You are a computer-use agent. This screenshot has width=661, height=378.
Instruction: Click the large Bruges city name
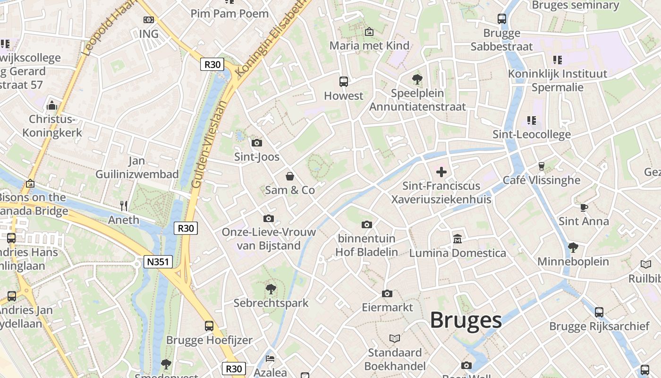[x=466, y=320]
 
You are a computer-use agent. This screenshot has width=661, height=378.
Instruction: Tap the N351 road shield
[x=158, y=262]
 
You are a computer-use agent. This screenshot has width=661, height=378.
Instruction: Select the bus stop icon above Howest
[x=344, y=81]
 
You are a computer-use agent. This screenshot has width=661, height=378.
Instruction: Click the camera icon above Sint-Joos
[x=257, y=143]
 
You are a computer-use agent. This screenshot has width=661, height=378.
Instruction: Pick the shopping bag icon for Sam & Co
[x=290, y=176]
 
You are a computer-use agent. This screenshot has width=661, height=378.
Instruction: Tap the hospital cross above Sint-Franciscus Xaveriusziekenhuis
[x=441, y=172]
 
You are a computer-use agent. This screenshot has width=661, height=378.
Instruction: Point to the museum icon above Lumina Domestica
[x=457, y=239]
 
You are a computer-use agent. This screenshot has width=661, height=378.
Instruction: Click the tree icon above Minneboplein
[x=573, y=247]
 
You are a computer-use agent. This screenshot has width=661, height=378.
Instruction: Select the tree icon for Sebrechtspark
[x=271, y=289]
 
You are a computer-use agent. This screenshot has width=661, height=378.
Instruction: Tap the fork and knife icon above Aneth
[x=124, y=206]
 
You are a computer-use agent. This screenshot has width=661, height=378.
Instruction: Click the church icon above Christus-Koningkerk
[x=52, y=105]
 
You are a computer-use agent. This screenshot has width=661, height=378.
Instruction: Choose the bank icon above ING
[x=149, y=20]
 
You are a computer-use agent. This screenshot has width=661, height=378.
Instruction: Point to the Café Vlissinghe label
[x=541, y=180]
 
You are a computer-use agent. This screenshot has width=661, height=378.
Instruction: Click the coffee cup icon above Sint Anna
[x=584, y=207]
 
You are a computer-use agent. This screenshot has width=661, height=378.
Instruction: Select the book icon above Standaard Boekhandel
[x=395, y=338]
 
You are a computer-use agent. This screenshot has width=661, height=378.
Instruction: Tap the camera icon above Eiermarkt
[x=387, y=294]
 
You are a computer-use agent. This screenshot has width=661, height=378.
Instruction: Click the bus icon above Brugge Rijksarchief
[x=599, y=312]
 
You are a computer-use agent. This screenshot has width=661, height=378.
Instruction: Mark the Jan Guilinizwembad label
[x=137, y=168]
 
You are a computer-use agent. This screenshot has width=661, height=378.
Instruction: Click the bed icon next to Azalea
[x=270, y=358]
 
